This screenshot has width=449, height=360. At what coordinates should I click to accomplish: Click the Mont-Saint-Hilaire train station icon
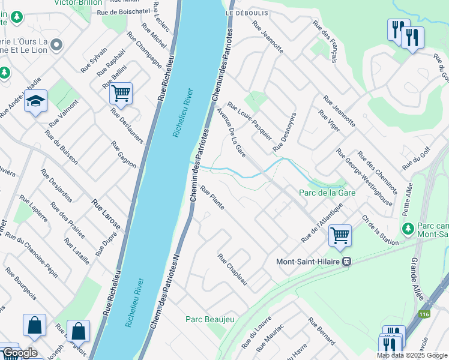[346, 262]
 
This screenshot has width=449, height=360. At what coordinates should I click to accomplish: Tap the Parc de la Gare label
[327, 193]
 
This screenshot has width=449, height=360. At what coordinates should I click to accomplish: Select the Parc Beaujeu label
[209, 319]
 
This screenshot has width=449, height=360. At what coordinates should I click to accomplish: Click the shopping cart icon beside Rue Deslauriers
[121, 94]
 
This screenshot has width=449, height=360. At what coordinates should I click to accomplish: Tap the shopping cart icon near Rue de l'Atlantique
[340, 235]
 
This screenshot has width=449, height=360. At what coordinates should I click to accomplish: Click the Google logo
[20, 353]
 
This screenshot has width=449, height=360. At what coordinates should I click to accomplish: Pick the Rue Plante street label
[212, 198]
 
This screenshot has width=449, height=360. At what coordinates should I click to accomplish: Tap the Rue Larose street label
[106, 215]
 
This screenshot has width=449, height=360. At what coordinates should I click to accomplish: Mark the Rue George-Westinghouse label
[364, 178]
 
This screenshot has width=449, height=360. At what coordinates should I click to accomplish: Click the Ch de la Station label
[380, 230]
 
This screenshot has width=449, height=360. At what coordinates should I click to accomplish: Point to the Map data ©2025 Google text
[412, 355]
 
